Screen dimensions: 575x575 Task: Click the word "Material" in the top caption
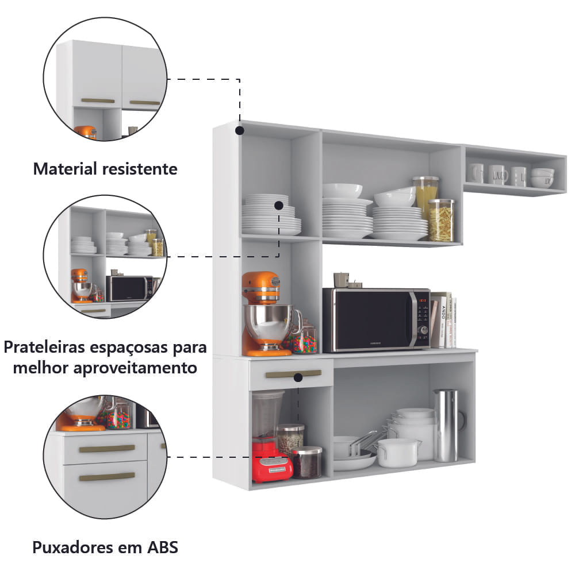(64, 169)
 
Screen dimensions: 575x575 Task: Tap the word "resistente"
(140, 169)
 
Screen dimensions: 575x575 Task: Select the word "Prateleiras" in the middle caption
(44, 347)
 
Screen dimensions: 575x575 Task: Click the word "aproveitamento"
(135, 368)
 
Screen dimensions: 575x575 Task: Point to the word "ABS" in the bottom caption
(163, 547)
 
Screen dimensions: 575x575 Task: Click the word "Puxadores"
(72, 547)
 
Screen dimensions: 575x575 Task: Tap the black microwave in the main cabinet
(376, 320)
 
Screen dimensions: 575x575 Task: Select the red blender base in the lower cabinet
(272, 461)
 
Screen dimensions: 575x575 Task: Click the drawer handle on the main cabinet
(294, 374)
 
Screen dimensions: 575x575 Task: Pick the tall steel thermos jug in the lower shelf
(447, 426)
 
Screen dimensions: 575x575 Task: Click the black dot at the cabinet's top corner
(240, 130)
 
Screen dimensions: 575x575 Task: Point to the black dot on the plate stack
(279, 206)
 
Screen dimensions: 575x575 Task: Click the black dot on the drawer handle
(298, 377)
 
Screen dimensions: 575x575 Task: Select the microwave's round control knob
(424, 330)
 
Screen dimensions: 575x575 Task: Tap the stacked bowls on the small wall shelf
(542, 177)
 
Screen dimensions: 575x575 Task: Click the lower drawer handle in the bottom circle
(107, 477)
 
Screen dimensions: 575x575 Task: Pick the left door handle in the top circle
(98, 101)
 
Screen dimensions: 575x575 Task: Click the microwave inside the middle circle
(129, 288)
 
